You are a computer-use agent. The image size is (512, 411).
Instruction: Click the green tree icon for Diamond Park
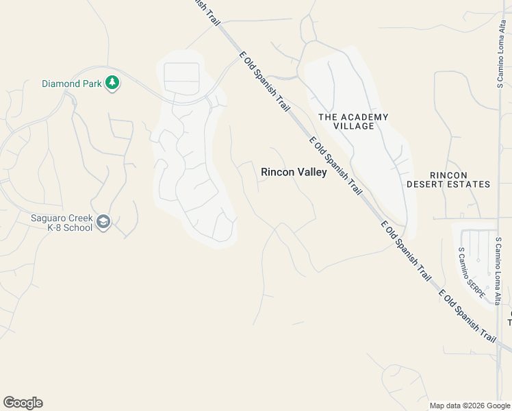112,84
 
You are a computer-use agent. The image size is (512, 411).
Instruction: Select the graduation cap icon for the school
103,223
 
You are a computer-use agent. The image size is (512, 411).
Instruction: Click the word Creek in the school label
84,219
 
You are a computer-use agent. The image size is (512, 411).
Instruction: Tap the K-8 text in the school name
44,227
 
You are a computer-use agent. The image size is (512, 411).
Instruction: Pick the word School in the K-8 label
76,227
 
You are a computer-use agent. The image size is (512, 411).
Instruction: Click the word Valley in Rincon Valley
311,172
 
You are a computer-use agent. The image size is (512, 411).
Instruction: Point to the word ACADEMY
363,117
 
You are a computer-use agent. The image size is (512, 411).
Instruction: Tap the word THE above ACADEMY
327,117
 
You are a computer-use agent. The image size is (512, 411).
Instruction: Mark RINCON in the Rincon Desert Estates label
448,175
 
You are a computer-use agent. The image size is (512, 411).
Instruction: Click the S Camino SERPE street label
472,272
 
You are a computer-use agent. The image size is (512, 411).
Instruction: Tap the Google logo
23,403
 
